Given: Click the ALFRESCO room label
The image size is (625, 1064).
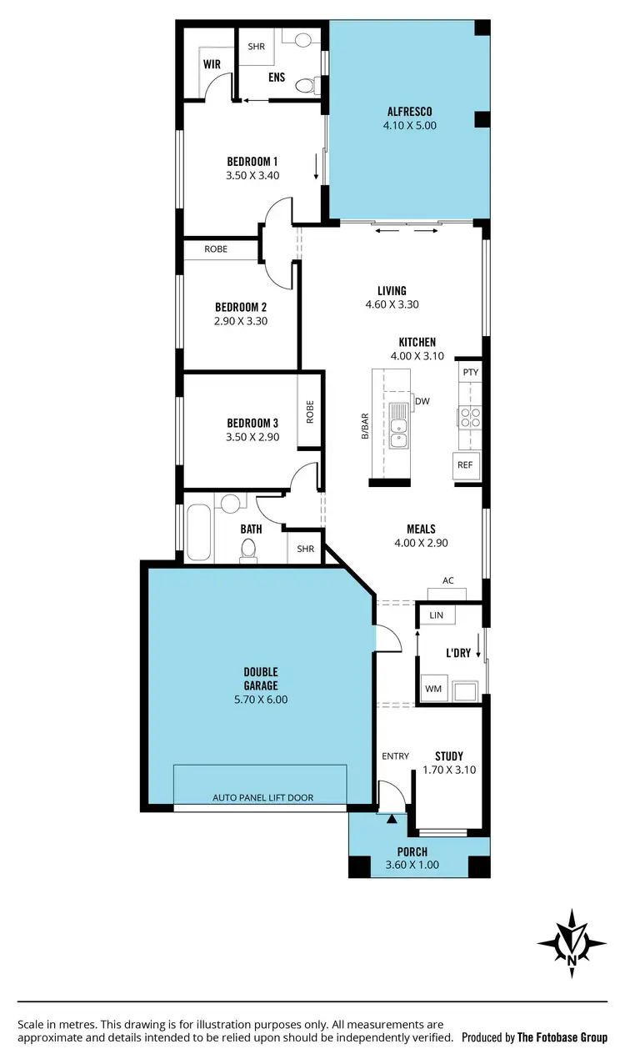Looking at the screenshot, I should coord(409,112).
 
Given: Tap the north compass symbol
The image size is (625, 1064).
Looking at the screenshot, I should coord(572,943).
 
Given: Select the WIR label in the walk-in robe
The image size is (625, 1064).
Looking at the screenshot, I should coord(211,63).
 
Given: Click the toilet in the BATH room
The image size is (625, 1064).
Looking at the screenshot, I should coord(247,547).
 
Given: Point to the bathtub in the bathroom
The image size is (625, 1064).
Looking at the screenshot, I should coord(198,531).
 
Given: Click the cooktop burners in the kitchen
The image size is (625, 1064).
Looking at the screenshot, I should coord(469,416).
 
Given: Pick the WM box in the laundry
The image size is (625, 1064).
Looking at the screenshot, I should coord(433,689).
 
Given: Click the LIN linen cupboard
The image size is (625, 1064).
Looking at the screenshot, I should coord(437,615).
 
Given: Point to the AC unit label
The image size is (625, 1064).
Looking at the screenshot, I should coord(448,581).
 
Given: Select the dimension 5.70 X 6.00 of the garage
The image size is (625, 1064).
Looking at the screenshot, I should coord(260,700).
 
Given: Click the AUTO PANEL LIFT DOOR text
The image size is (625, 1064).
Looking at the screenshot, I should coord(263,797).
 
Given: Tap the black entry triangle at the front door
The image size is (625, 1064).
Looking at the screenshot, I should coord(392,819).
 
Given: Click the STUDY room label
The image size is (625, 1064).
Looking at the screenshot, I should coord(449,756).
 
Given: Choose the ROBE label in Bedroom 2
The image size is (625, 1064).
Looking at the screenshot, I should coord(216,249).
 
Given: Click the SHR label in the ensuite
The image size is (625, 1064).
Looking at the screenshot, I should coord(256,47).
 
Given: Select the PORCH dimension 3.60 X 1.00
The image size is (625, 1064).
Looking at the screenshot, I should coord(412,865).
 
